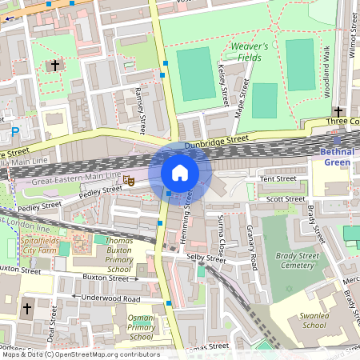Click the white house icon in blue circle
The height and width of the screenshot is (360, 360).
(x=180, y=172)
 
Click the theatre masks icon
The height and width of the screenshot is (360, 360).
(x=128, y=182)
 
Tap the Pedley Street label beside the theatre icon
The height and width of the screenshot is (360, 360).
(x=102, y=191)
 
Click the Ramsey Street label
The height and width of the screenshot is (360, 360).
(x=141, y=110)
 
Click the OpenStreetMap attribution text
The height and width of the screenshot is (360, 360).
(x=80, y=354)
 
